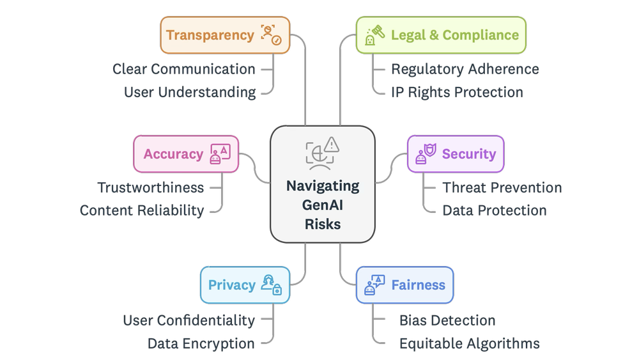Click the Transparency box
click(x=224, y=35)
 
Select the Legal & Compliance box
click(x=441, y=35)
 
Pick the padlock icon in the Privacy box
click(x=277, y=290)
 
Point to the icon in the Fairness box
click(x=374, y=285)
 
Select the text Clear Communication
click(x=184, y=69)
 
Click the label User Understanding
click(x=190, y=92)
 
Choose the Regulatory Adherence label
click(x=465, y=69)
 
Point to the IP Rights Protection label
click(x=457, y=92)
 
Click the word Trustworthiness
click(x=151, y=188)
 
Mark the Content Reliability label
click(x=141, y=210)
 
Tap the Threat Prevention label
click(x=502, y=188)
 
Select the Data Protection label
click(x=495, y=210)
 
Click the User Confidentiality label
click(x=189, y=320)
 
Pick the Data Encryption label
click(x=201, y=343)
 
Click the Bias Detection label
click(x=447, y=320)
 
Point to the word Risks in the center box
click(x=323, y=224)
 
